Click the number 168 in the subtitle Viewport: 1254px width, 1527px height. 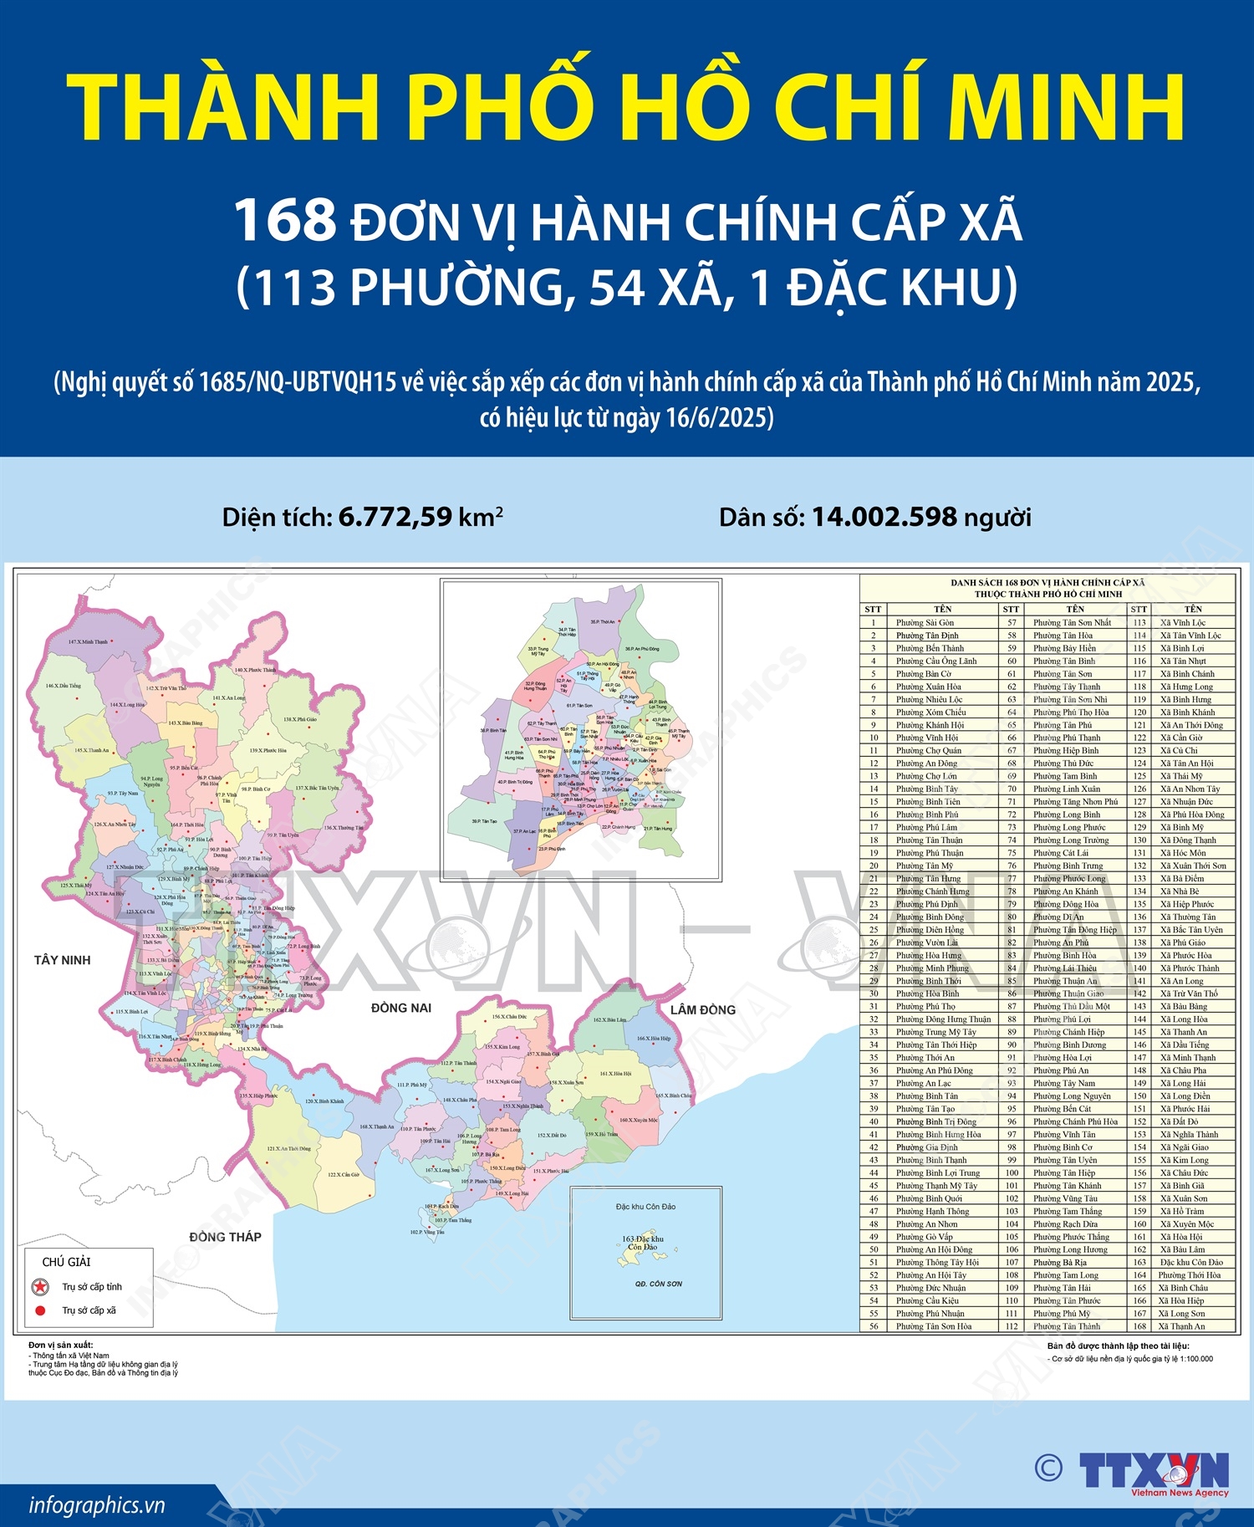coord(284,221)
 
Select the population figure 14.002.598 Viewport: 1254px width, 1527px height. coord(884,517)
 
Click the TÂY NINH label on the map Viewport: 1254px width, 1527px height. coord(62,960)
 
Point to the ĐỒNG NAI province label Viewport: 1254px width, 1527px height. coord(401,1009)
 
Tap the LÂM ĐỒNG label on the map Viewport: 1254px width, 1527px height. coord(702,1010)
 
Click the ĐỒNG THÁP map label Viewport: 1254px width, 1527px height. coord(225,1237)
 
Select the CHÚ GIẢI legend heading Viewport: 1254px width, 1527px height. coord(66,1262)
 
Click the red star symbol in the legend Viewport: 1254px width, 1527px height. coord(39,1287)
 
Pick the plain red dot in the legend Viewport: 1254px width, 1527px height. coord(39,1310)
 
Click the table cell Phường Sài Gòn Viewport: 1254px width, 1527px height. coord(925,622)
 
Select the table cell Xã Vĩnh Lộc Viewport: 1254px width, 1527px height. coord(1182,622)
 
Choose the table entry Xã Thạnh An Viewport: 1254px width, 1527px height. coord(1181,1326)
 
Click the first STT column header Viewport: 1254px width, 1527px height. coord(874,609)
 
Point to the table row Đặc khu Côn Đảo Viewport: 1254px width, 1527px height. coord(1190,1262)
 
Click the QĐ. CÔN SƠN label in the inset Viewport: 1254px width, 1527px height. coord(659,1284)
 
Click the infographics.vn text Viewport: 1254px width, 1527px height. coord(97,1505)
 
